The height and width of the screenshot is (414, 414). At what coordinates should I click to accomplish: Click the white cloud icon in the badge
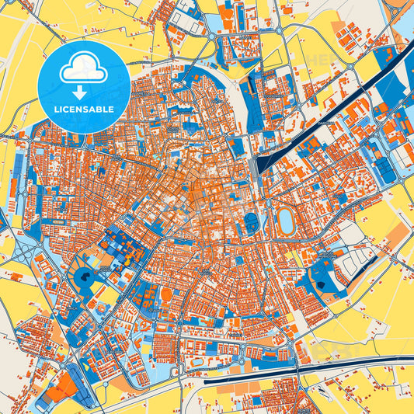(x=83, y=68)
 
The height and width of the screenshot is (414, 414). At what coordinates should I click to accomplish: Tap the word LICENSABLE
(x=84, y=109)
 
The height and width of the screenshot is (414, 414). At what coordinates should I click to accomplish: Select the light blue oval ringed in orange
(x=286, y=221)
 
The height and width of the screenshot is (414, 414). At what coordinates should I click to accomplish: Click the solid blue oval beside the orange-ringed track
(x=252, y=223)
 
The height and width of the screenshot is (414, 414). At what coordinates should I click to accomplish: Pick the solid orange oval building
(x=166, y=294)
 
